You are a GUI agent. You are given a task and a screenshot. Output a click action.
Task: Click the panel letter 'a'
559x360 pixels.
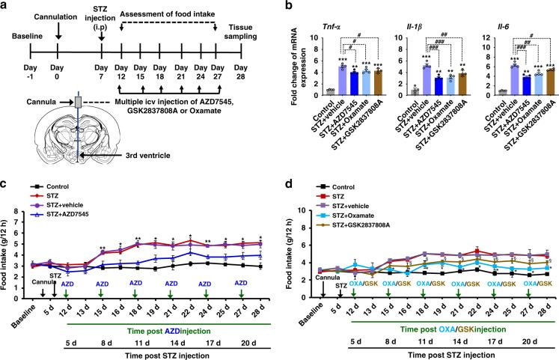pyautogui.click(x=6, y=6)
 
